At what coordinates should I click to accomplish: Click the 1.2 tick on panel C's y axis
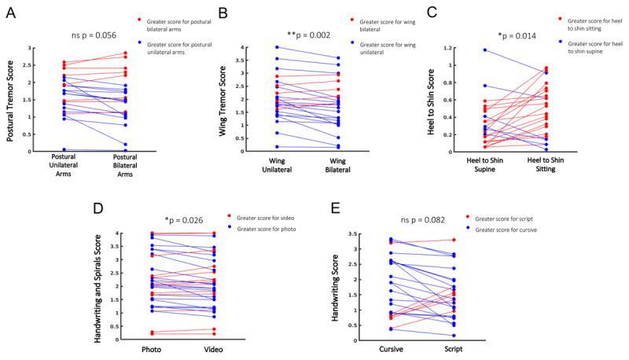pyautogui.click(x=452, y=48)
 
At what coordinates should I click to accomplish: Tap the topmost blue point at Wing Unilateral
pyautogui.click(x=278, y=47)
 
